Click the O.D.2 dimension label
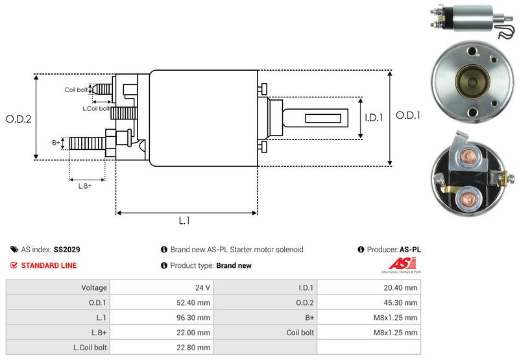(19, 119)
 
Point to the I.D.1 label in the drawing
(374, 118)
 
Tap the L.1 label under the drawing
(184, 221)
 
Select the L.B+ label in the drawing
(85, 186)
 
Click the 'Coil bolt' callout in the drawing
(75, 90)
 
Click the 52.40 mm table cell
(195, 302)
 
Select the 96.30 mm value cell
(195, 318)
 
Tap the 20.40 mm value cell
(403, 287)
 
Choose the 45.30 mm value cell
(403, 302)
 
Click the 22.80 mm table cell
(195, 348)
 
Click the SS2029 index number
(67, 249)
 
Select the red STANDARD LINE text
(49, 265)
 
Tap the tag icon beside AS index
(14, 249)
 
